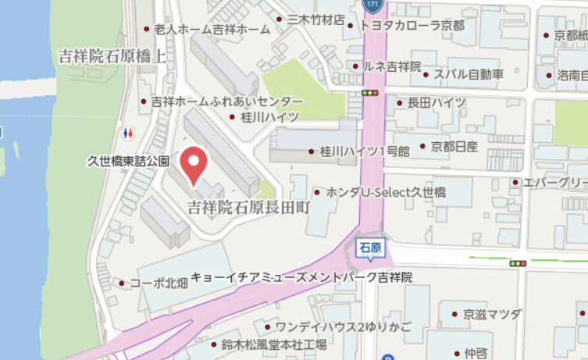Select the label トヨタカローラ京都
413,26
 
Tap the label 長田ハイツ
437,102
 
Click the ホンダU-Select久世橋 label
396,192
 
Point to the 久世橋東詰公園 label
128,161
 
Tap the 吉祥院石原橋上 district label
112,55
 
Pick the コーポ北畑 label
159,283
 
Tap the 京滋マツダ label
491,314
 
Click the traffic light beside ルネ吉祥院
369,93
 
